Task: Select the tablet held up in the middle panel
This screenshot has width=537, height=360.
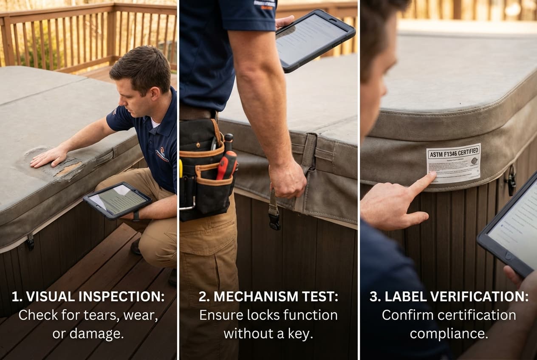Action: coord(315,41)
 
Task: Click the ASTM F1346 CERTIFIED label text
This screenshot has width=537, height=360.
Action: coord(453,152)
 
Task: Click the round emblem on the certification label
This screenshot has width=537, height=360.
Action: coord(474,161)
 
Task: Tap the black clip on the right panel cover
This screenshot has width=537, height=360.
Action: coord(511,180)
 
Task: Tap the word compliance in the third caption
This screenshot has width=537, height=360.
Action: coord(449,334)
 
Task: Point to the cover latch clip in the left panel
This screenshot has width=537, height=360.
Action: coord(30,241)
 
